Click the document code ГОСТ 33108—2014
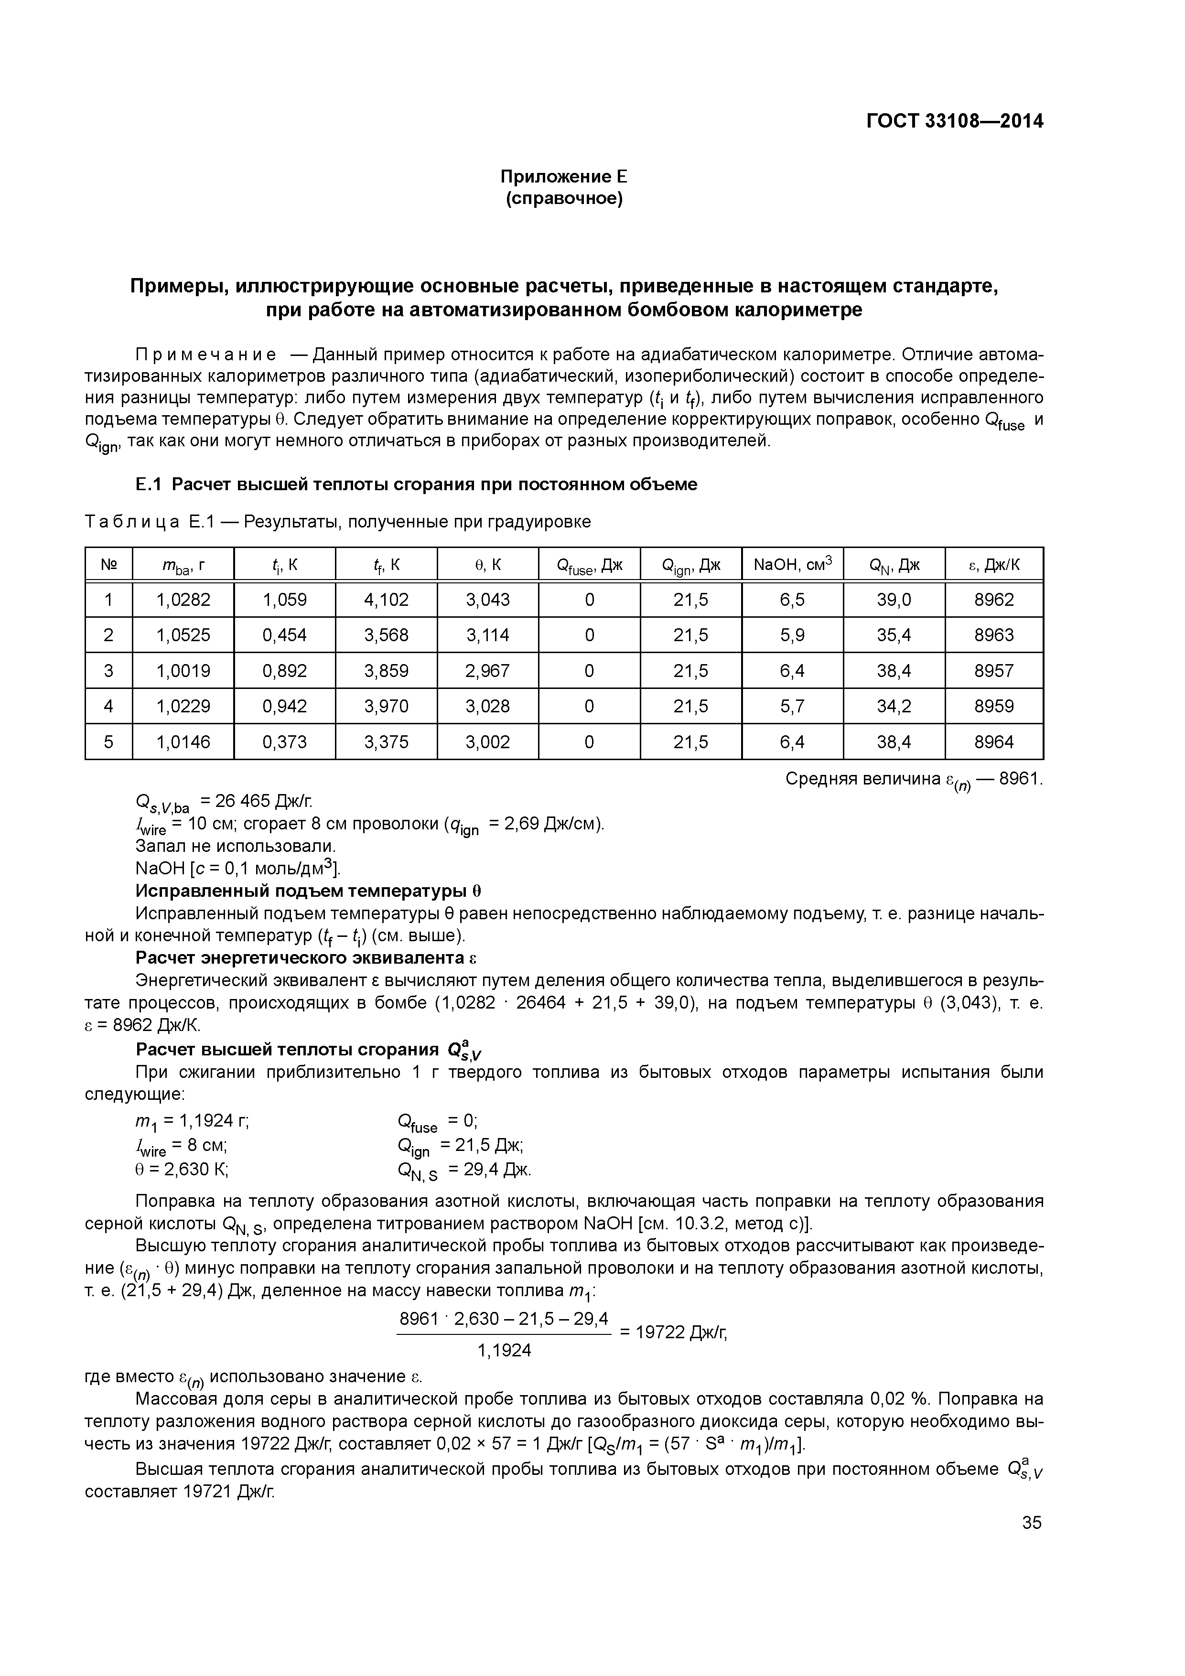tap(954, 121)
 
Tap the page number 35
tap(1032, 1523)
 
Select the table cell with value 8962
tap(994, 600)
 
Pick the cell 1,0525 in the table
tap(183, 635)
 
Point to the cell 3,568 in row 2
tap(386, 635)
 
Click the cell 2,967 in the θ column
tap(488, 671)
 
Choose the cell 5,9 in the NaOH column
tap(792, 635)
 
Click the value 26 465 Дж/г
tap(256, 801)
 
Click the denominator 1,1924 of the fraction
tap(504, 1351)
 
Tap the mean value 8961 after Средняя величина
tap(1019, 779)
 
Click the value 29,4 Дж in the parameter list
tap(489, 1170)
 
